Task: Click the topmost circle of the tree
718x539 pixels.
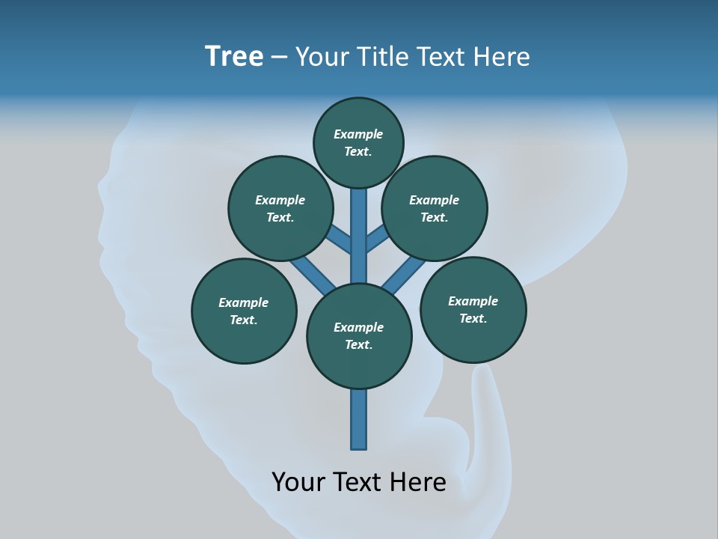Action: click(358, 142)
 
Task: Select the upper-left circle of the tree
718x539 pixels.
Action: click(280, 208)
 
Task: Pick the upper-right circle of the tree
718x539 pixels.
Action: click(435, 208)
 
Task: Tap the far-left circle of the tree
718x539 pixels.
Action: click(244, 311)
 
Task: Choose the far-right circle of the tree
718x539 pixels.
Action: click(473, 309)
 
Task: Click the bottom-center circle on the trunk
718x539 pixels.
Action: click(359, 336)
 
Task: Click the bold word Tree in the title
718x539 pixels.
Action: click(234, 56)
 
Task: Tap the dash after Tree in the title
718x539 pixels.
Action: click(279, 57)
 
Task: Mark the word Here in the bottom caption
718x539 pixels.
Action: click(419, 481)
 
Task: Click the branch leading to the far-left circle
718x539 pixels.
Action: click(313, 275)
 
